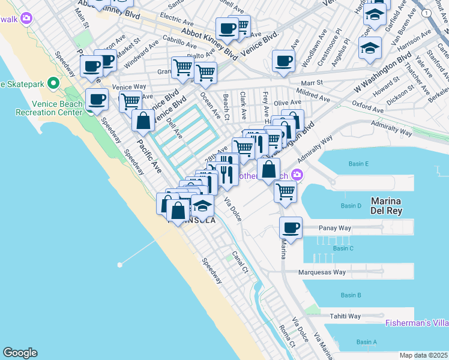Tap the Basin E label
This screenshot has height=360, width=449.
[x=358, y=164]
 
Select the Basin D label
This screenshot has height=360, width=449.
[x=351, y=206]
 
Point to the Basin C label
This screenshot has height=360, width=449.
[x=343, y=248]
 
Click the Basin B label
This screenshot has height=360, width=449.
[x=351, y=295]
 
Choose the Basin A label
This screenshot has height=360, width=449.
[x=367, y=342]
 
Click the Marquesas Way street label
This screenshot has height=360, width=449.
[x=322, y=272]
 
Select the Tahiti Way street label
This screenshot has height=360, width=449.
[x=345, y=316]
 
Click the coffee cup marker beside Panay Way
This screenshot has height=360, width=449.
[x=291, y=228]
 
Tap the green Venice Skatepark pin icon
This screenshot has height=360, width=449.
[x=53, y=83]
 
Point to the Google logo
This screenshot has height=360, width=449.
[x=20, y=353]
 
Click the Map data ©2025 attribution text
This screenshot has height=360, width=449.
[x=424, y=355]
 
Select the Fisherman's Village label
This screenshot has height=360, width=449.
[x=426, y=323]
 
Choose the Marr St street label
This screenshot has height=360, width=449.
[x=312, y=82]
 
